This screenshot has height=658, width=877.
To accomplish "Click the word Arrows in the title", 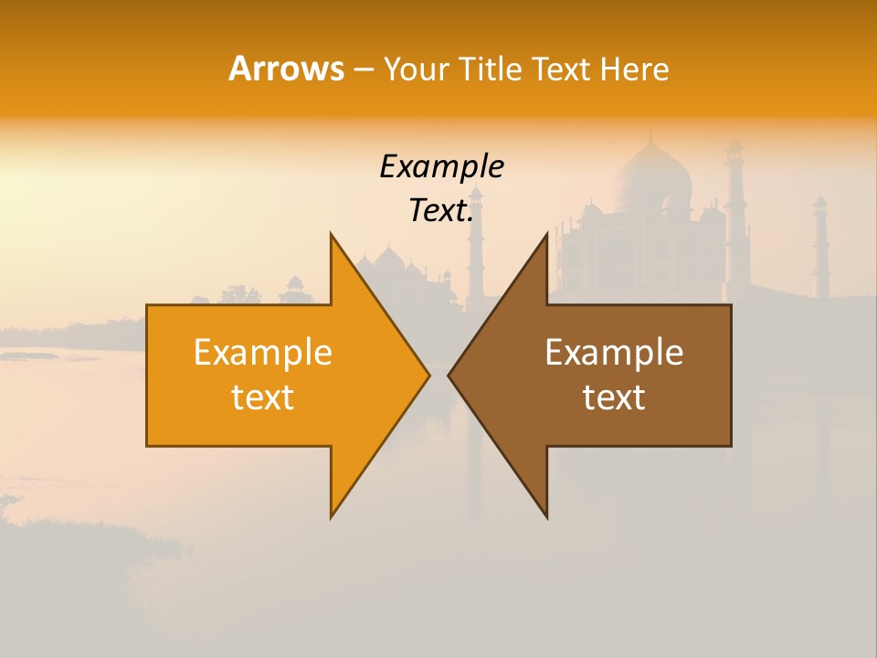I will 286,69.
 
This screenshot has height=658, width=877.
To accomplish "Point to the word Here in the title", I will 634,69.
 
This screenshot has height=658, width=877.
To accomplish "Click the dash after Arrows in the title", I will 363,70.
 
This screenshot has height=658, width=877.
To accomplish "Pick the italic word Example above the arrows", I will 441,166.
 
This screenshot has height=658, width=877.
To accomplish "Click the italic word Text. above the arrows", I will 441,210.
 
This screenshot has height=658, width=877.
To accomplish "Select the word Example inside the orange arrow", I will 263,353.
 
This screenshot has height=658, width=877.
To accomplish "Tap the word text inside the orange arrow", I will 263,398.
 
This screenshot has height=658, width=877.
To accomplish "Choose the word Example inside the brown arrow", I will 614,353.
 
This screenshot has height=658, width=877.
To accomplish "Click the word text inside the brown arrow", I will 614,398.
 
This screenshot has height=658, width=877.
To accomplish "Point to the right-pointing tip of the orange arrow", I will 428,375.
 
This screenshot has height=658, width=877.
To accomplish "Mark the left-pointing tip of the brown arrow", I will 449,375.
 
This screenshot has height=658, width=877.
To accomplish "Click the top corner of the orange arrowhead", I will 332,234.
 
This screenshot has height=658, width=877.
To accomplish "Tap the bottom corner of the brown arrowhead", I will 546,517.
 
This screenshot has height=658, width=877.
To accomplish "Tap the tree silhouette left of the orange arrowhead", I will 241,294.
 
